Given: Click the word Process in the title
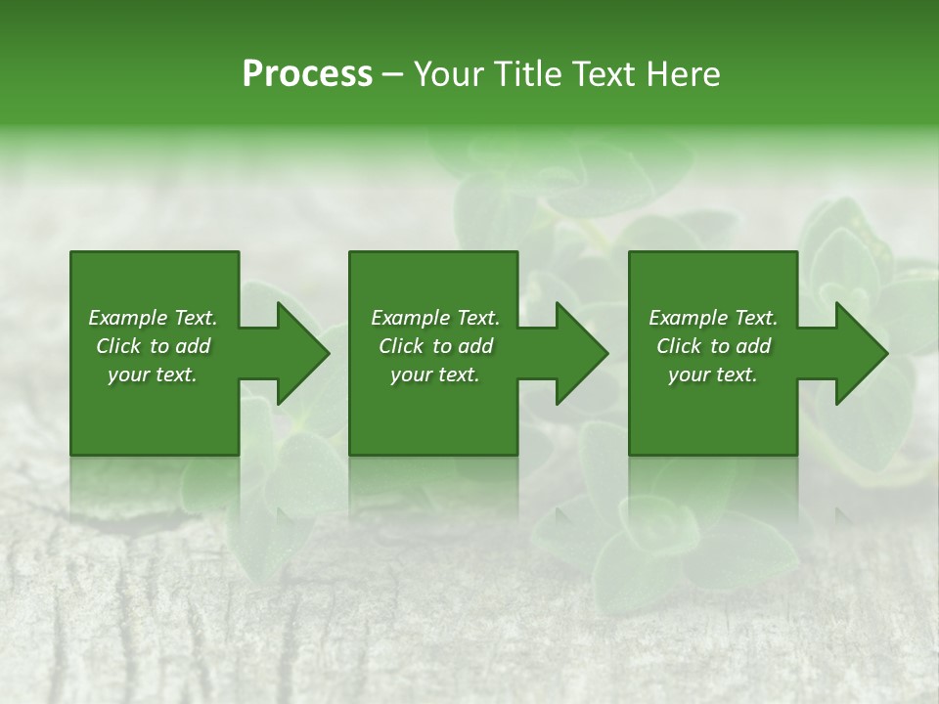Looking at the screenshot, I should click(307, 74).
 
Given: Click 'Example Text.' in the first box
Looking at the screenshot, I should click(153, 318).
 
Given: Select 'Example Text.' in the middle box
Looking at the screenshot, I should click(435, 318).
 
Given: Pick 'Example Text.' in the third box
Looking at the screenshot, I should click(713, 318).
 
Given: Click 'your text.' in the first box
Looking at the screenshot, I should click(153, 374).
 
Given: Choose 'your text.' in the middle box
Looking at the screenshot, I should click(435, 374).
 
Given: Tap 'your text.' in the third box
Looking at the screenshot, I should click(713, 374).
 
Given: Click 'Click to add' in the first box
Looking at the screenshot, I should click(153, 346).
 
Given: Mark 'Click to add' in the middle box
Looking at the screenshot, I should click(435, 346).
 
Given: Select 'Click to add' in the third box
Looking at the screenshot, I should click(713, 346).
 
